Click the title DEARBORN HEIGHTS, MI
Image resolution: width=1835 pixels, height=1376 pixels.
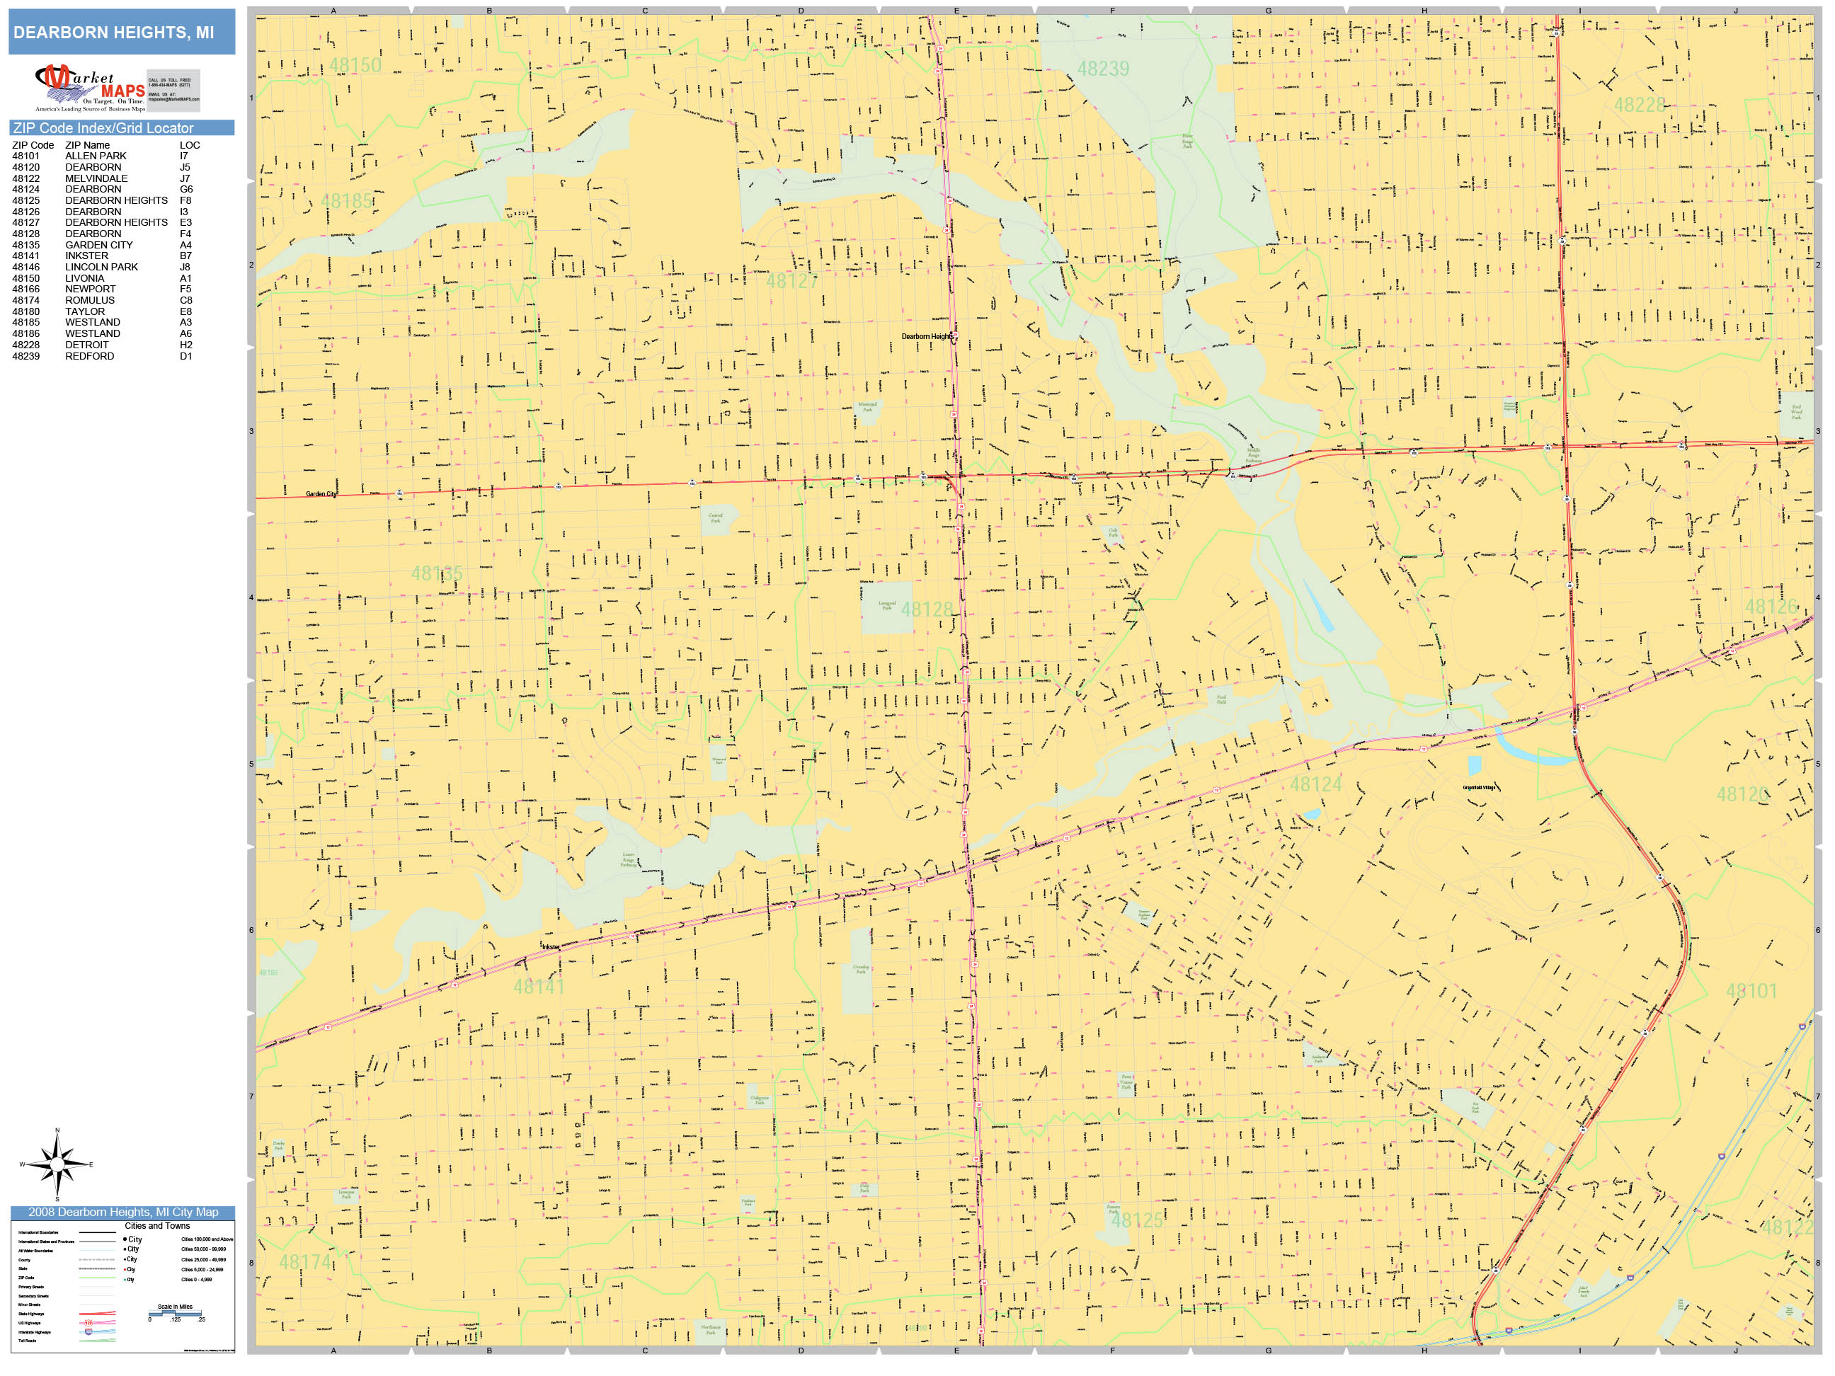click(114, 33)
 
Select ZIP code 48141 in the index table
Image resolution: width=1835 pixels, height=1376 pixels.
click(25, 256)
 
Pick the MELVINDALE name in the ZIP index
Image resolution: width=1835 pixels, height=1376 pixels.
click(96, 178)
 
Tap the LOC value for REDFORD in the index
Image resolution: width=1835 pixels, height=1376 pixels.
click(185, 357)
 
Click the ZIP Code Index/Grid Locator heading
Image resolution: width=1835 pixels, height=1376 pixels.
click(103, 127)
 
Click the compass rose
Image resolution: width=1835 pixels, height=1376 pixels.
click(57, 1164)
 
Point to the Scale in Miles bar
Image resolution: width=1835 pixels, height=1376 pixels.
click(175, 1313)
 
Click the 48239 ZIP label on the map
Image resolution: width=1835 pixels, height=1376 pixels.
click(1102, 69)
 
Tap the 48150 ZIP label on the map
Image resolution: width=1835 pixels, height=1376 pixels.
click(355, 64)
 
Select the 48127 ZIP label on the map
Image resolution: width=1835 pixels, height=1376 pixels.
click(791, 281)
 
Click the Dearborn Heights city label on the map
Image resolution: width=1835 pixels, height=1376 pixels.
click(927, 337)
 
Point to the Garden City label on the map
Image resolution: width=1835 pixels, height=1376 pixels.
click(320, 494)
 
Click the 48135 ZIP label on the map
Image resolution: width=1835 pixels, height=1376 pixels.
click(436, 574)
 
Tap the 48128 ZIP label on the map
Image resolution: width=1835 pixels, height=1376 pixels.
click(927, 609)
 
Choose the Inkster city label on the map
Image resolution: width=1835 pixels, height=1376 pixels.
click(550, 947)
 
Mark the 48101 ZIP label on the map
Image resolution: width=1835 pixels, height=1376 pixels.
click(1751, 991)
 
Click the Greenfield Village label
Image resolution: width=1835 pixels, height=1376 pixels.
click(1478, 788)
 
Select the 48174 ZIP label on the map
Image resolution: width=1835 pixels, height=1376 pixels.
click(304, 1262)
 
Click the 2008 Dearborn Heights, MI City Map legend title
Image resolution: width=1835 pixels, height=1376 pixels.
click(122, 1212)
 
